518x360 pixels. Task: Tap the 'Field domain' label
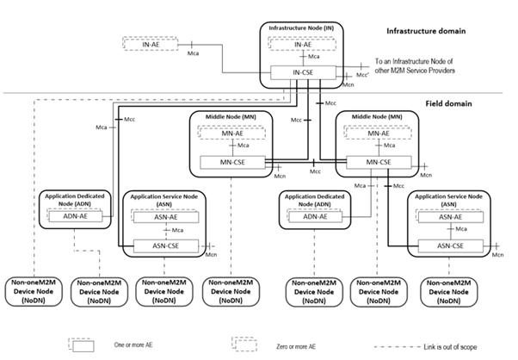coord(455,102)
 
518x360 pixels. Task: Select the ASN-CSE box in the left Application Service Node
coord(165,247)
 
